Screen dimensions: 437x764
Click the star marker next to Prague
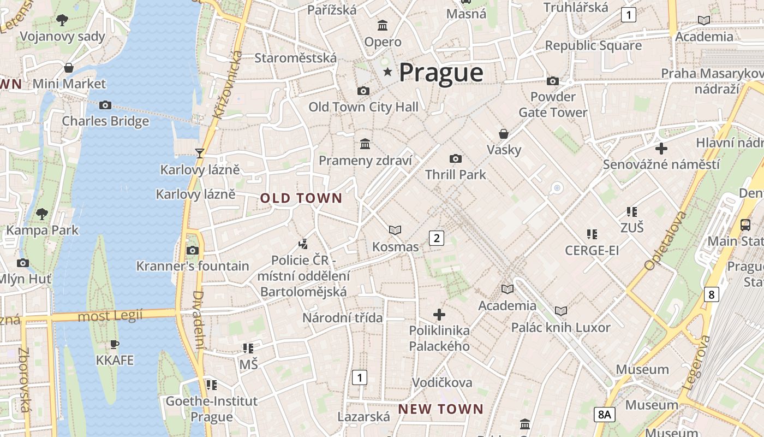387,72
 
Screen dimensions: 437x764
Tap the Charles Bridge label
105,121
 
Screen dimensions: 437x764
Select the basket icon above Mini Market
69,68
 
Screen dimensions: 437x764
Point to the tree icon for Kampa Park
41,214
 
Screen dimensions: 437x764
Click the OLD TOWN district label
301,198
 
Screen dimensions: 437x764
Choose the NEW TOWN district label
440,409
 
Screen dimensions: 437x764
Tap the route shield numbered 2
436,238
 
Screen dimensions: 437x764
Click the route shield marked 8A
604,414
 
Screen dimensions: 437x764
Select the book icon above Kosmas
395,231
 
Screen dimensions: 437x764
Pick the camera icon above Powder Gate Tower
553,81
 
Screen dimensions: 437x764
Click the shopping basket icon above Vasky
504,134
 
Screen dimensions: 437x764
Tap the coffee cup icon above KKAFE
114,344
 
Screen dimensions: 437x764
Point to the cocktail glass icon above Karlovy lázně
200,153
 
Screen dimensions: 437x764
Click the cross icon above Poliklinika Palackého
439,314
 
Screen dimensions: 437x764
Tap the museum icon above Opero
383,26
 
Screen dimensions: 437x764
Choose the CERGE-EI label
592,251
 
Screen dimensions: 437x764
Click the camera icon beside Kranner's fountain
192,250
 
